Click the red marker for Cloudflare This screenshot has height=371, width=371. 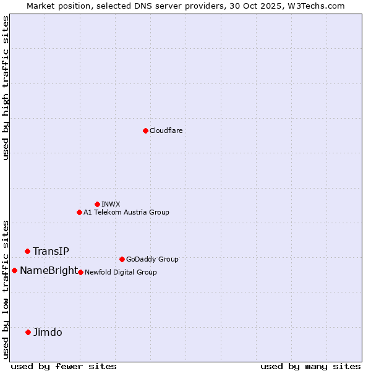point(145,130)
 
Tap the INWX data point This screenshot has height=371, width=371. point(97,204)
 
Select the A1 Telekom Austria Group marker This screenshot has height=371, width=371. point(79,212)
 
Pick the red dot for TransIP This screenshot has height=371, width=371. point(27,251)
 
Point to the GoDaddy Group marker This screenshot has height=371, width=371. point(122,259)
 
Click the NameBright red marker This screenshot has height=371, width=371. point(14,270)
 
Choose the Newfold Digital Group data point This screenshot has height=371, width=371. point(80,272)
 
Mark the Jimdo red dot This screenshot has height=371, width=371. point(28,332)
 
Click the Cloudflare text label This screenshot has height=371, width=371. point(166,130)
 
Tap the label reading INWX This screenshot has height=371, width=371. point(111,204)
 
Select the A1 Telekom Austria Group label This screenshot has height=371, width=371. point(126,212)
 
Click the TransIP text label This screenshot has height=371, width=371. point(51,251)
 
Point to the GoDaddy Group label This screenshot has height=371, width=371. point(152,259)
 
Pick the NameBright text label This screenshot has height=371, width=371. point(49,270)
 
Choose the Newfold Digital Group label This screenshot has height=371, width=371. point(121,272)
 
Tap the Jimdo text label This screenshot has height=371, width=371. point(48,332)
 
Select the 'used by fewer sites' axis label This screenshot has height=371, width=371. point(64,366)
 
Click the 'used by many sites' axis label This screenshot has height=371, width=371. point(310,366)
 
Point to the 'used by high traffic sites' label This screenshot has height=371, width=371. point(6,88)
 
